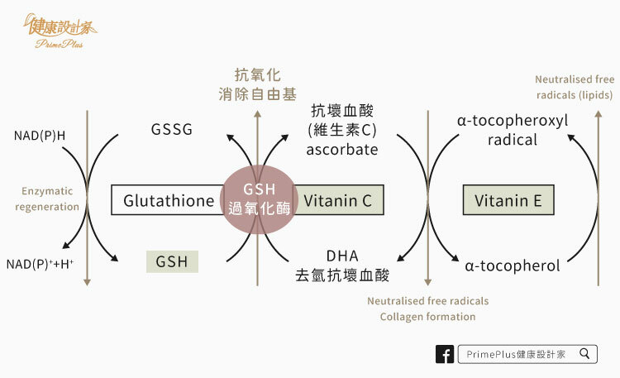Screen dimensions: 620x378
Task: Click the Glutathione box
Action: click(x=168, y=200)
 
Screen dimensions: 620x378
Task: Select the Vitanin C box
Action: click(x=338, y=200)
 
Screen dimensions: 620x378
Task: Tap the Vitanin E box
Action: click(x=508, y=200)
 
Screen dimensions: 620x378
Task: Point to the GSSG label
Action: click(x=172, y=129)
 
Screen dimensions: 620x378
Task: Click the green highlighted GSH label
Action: click(x=172, y=261)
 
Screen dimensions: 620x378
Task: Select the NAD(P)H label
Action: click(x=40, y=136)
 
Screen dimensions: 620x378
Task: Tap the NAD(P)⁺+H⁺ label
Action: click(x=40, y=264)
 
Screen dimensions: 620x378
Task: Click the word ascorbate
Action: click(x=342, y=150)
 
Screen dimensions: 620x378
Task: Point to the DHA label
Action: click(x=342, y=256)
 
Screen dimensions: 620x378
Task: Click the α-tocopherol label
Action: click(x=513, y=266)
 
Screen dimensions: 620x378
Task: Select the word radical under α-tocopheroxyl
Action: click(x=513, y=140)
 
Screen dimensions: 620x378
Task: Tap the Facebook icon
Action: click(x=445, y=354)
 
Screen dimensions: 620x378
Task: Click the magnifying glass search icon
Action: click(x=584, y=353)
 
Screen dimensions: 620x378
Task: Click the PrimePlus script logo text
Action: click(x=60, y=44)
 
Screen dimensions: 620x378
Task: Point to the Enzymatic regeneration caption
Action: click(x=47, y=199)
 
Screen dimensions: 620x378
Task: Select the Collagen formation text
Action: click(x=428, y=317)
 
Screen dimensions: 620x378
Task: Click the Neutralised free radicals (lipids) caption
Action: click(x=575, y=87)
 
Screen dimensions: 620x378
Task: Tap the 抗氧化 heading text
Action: click(x=257, y=74)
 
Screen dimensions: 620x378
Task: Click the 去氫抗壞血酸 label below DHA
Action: click(x=342, y=275)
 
